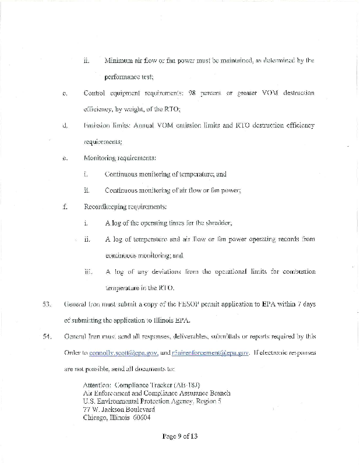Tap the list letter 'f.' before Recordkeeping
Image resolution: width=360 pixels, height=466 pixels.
(66, 206)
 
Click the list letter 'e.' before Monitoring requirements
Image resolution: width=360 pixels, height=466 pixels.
(66, 157)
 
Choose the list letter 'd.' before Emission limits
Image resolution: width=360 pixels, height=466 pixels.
(66, 125)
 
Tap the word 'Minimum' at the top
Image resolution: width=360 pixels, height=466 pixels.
(121, 61)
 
